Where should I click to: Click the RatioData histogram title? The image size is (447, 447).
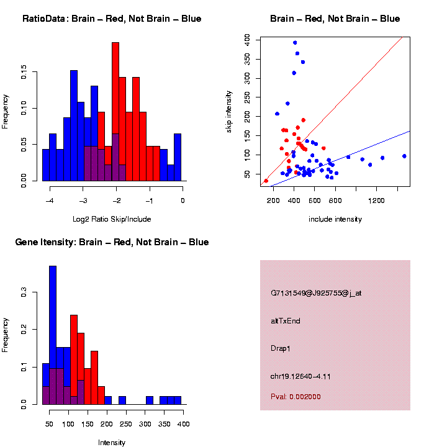tap(112, 19)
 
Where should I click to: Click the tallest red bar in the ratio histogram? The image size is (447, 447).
tap(115, 112)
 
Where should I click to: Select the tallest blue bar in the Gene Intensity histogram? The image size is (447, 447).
tap(53, 335)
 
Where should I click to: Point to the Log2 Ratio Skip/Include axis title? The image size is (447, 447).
tap(112, 219)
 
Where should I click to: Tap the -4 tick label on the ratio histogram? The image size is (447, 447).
tap(50, 201)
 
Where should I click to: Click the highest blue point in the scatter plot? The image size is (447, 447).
tap(295, 43)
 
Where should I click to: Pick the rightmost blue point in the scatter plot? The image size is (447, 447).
tap(404, 156)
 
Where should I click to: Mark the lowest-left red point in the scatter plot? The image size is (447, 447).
tap(266, 181)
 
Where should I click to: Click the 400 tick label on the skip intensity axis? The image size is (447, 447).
tap(247, 38)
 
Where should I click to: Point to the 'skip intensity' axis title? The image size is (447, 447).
tap(229, 111)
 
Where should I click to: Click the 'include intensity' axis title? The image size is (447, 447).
tap(335, 219)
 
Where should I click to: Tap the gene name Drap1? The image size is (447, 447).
tap(281, 348)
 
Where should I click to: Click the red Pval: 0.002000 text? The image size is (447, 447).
tap(296, 396)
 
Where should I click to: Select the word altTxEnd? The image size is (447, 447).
tap(286, 321)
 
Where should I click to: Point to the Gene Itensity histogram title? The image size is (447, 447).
tap(112, 242)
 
